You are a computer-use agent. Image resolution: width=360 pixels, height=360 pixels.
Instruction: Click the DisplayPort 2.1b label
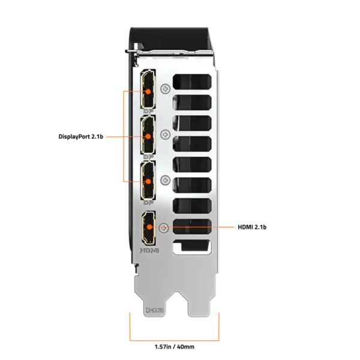pyautogui.click(x=81, y=137)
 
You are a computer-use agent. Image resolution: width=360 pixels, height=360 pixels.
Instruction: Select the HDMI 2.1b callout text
pyautogui.click(x=252, y=227)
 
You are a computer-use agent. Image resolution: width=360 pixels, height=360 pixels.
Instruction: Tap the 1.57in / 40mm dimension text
pyautogui.click(x=175, y=347)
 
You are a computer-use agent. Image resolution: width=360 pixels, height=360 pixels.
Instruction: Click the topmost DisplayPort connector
pyautogui.click(x=148, y=89)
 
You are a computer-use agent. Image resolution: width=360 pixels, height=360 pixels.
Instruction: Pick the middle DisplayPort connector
pyautogui.click(x=148, y=134)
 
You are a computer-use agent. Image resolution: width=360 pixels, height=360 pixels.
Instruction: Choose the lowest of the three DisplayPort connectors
pyautogui.click(x=148, y=180)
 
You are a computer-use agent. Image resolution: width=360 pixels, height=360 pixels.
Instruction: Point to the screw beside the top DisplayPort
pyautogui.click(x=166, y=89)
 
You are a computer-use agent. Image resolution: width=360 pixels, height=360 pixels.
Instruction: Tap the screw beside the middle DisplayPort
pyautogui.click(x=166, y=134)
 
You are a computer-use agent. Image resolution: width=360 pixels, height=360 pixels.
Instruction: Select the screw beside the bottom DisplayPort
pyautogui.click(x=166, y=180)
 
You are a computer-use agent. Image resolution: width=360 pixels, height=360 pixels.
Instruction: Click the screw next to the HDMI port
pyautogui.click(x=164, y=228)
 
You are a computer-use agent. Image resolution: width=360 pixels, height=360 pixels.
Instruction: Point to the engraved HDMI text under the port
pyautogui.click(x=149, y=250)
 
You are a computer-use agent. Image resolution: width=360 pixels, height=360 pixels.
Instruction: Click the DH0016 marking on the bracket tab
pyautogui.click(x=155, y=310)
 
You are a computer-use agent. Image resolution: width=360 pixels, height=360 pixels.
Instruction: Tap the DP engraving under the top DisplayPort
pyautogui.click(x=148, y=112)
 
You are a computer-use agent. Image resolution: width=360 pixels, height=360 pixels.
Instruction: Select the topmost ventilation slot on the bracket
pyautogui.click(x=192, y=82)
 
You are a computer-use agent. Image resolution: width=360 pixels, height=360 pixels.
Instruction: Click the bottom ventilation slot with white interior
pyautogui.click(x=192, y=247)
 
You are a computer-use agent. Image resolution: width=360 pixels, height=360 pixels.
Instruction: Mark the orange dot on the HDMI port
pyautogui.click(x=149, y=227)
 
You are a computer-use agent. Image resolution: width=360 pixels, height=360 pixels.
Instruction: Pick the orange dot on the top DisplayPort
pyautogui.click(x=148, y=91)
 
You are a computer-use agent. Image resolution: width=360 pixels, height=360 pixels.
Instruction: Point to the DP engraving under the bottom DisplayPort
pyautogui.click(x=148, y=203)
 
